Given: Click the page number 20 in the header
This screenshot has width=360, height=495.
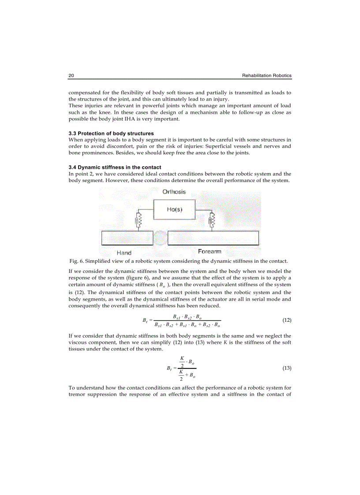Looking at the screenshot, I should tap(71, 76).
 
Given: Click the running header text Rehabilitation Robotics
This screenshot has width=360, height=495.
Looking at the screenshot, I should tap(266, 76).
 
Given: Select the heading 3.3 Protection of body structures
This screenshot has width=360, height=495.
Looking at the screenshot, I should tap(111, 133).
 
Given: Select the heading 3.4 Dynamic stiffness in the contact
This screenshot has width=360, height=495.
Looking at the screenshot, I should tap(115, 167).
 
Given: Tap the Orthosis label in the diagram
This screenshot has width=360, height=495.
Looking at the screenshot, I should tap(174, 192).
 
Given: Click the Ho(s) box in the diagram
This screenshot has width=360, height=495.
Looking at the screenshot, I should tap(175, 210).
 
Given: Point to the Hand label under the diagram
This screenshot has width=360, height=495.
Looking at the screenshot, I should tap(124, 253).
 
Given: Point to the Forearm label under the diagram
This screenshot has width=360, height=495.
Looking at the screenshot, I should tap(210, 252).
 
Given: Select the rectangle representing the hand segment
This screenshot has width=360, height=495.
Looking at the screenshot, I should tap(127, 238).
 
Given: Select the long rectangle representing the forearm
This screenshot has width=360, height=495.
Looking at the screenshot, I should tap(213, 238).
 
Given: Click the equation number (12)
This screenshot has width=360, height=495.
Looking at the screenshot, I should tap(287, 320).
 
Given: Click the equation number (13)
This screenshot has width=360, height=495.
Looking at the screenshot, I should tap(287, 368).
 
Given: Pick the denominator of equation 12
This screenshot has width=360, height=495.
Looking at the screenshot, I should tap(187, 325).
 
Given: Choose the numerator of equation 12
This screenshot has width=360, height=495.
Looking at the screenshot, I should tap(187, 316).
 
